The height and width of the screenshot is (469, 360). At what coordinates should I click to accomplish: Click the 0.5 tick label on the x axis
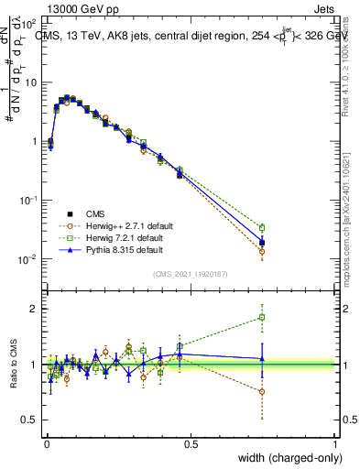tap(191, 443)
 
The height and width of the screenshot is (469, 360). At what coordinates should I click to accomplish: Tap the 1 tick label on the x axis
tap(335, 443)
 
